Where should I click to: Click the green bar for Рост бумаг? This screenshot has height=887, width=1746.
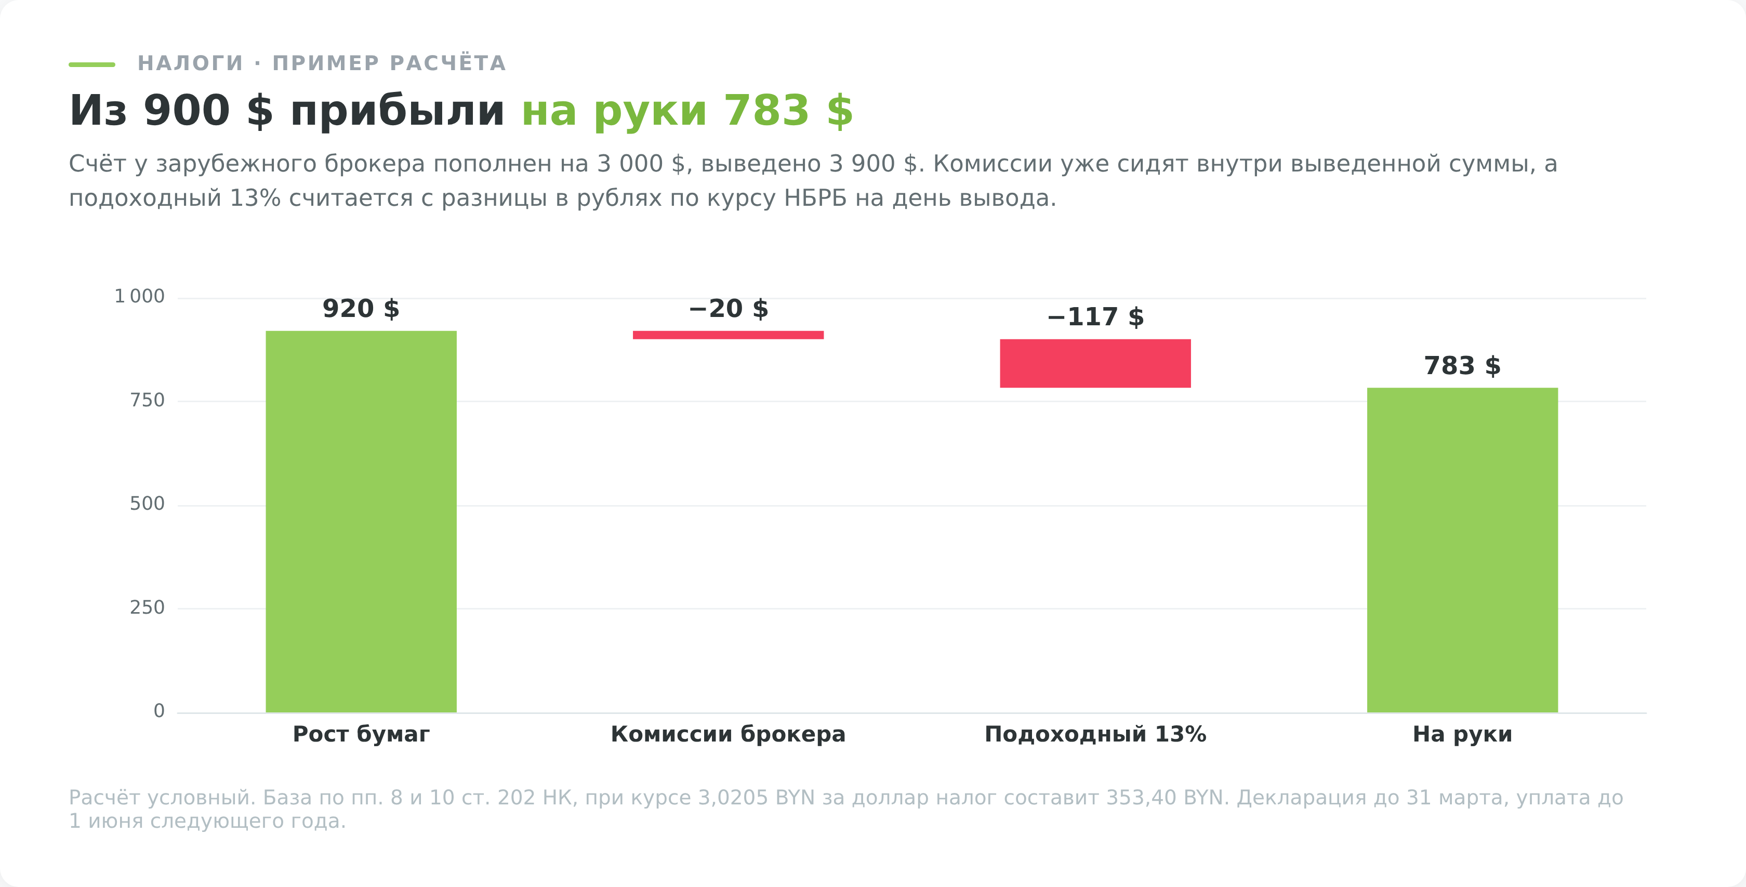click(x=361, y=521)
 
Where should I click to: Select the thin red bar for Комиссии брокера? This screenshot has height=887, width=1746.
click(x=728, y=335)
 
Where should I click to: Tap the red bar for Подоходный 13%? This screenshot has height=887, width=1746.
click(x=1095, y=363)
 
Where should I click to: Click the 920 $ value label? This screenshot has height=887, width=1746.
click(x=361, y=309)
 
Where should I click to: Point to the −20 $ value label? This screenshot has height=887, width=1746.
click(x=728, y=309)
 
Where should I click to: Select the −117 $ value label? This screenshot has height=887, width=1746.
click(x=1095, y=317)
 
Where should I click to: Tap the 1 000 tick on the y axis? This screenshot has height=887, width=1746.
click(x=140, y=297)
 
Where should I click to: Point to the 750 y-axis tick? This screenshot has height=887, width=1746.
click(x=147, y=401)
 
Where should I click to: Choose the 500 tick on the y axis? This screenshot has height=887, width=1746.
click(x=147, y=504)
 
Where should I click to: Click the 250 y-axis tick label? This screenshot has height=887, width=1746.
click(x=147, y=608)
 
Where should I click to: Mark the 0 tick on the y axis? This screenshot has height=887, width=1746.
click(x=160, y=711)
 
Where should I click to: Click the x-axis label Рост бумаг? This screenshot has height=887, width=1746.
click(x=361, y=735)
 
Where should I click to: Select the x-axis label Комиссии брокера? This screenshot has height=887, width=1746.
click(x=728, y=735)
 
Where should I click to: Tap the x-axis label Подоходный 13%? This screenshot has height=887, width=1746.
click(x=1095, y=735)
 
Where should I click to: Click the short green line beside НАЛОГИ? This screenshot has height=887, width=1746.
click(x=91, y=64)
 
